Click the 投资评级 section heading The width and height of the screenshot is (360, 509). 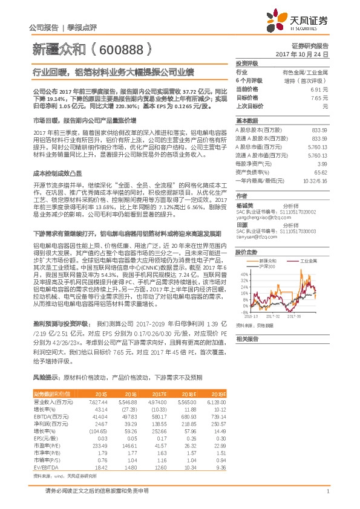[x=247, y=63]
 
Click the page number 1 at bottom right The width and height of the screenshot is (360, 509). [x=327, y=491]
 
